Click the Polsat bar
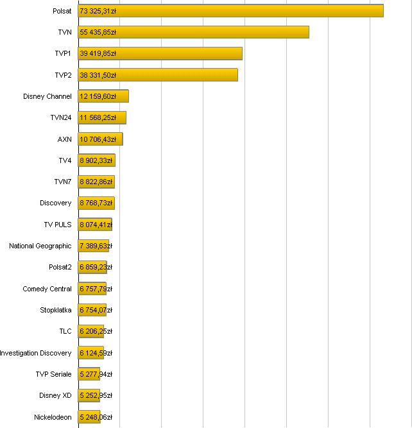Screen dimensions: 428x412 tap(257, 11)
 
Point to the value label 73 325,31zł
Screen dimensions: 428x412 tap(98, 11)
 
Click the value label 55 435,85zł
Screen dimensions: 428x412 tap(98, 32)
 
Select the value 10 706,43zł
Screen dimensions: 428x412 tap(98, 139)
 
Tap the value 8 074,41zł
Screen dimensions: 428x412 tap(96, 225)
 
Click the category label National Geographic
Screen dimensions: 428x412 tap(40, 246)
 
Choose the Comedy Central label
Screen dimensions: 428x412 tap(47, 289)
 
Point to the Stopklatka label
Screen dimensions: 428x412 tap(56, 310)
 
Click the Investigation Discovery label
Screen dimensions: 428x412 tap(36, 353)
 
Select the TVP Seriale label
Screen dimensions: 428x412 tap(53, 374)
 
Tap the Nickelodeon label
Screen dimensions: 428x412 tap(53, 417)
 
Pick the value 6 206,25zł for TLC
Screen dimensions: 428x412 tap(96, 331)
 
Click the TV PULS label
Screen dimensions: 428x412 tap(58, 225)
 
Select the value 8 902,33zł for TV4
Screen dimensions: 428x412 tap(96, 160)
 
